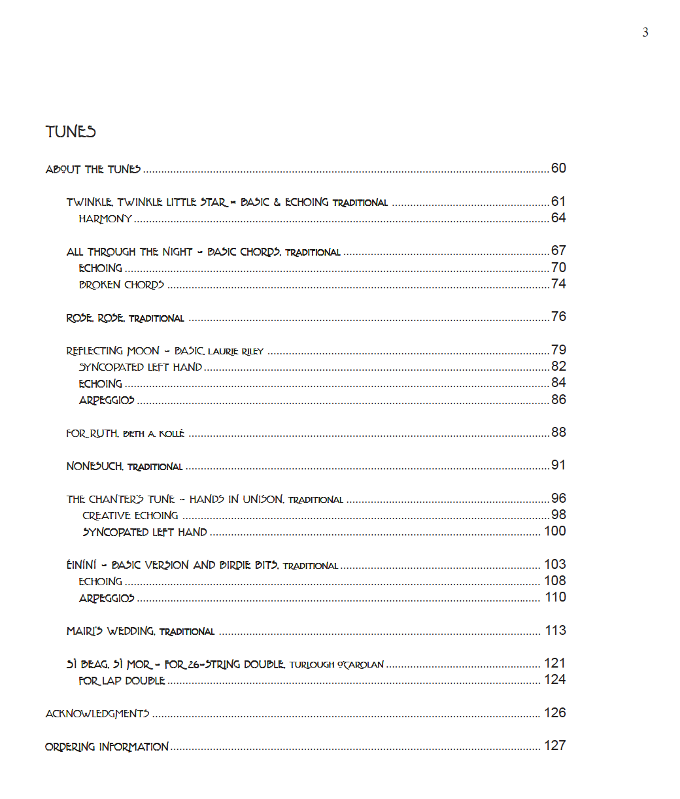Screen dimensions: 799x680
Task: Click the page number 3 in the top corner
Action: [x=645, y=33]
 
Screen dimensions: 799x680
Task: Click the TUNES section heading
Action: [x=71, y=132]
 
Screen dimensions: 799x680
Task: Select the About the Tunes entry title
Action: [x=93, y=169]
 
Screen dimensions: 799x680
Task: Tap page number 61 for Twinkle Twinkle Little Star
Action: [x=558, y=201]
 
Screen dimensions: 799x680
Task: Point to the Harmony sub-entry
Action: [x=105, y=219]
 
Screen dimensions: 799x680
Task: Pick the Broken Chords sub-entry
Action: [x=122, y=284]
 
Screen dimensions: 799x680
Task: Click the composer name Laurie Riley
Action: [x=235, y=352]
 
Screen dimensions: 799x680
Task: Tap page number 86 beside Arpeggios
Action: [x=558, y=399]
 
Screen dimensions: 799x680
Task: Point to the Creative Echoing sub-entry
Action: [x=130, y=516]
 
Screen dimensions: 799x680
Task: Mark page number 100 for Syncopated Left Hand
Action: [x=554, y=531]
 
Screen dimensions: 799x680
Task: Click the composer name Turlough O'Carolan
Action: [x=336, y=665]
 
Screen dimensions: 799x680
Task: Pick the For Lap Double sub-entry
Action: [x=122, y=681]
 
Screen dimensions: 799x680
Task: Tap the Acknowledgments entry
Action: [x=97, y=713]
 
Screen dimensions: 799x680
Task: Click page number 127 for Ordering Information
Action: [x=554, y=745]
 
